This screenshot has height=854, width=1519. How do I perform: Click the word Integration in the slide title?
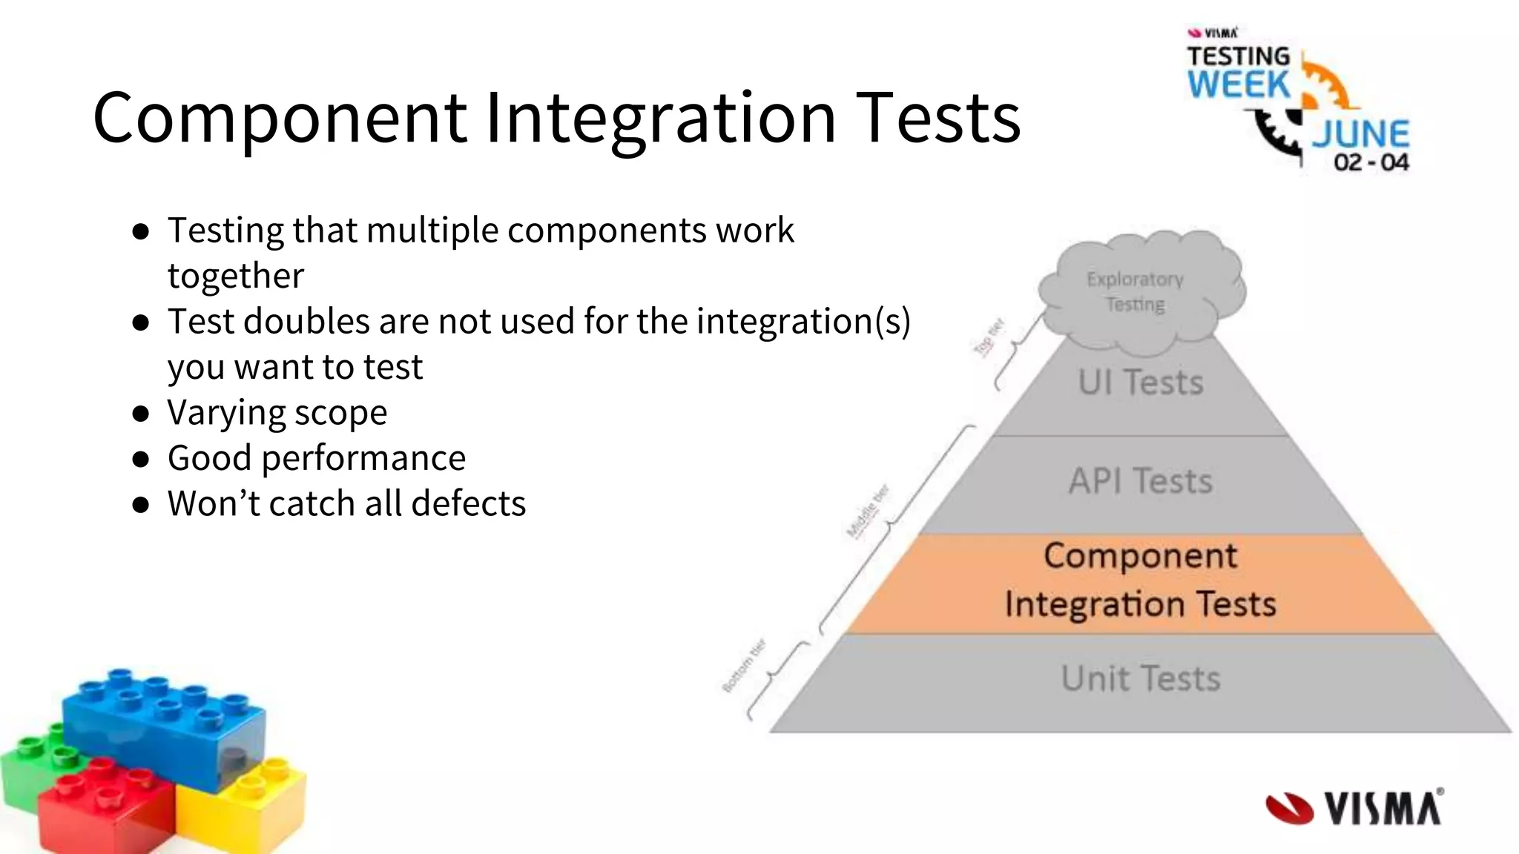(x=660, y=119)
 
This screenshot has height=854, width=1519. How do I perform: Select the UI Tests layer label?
(x=1140, y=383)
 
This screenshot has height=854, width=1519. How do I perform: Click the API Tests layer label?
(x=1140, y=481)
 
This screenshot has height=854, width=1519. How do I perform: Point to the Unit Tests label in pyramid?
(x=1140, y=678)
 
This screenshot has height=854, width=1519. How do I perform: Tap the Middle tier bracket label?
(x=868, y=512)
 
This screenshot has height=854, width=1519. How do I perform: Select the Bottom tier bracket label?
(x=743, y=666)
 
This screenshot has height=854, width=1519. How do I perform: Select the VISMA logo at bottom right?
(x=1354, y=808)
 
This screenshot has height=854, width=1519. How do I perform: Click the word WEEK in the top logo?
(x=1239, y=84)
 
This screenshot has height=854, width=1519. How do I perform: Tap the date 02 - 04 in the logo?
(x=1371, y=162)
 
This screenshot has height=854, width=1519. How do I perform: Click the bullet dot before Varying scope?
(x=141, y=414)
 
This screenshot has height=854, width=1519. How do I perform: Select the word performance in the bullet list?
(x=363, y=458)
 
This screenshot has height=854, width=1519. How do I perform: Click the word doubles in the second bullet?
(x=306, y=322)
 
